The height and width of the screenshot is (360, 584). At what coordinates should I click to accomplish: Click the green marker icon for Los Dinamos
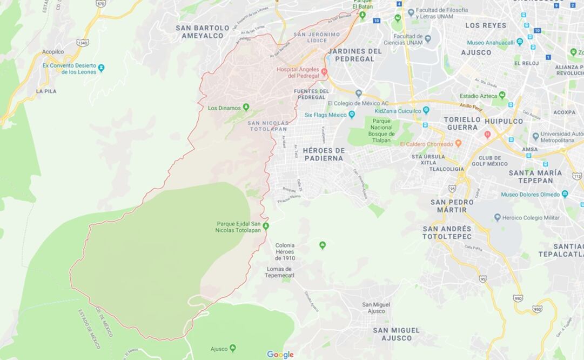(246, 107)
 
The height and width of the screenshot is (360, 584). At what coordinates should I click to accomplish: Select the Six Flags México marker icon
(352, 115)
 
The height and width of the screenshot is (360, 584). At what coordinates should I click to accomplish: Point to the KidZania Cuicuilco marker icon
(426, 110)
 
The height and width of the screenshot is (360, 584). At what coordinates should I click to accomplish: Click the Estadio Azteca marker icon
(502, 96)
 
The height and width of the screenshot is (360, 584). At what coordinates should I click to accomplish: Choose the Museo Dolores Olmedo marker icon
(565, 194)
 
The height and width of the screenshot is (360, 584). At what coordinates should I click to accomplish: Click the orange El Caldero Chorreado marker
(458, 144)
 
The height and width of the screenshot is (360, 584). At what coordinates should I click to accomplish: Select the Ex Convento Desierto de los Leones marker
(101, 68)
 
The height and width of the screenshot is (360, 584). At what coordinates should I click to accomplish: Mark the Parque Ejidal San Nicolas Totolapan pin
(265, 225)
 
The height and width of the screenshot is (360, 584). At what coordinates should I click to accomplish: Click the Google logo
(280, 355)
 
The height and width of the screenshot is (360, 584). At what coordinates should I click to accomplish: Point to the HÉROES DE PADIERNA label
(324, 154)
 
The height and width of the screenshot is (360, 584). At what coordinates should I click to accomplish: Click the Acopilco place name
(53, 52)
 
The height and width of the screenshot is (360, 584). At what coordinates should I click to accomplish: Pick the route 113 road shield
(577, 176)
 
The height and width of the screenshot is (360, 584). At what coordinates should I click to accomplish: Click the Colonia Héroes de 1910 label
(285, 251)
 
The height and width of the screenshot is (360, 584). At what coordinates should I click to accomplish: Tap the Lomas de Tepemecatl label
(279, 272)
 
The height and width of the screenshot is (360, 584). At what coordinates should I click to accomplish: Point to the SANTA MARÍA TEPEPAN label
(535, 176)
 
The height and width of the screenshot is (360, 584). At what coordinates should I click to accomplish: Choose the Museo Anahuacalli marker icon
(520, 42)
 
